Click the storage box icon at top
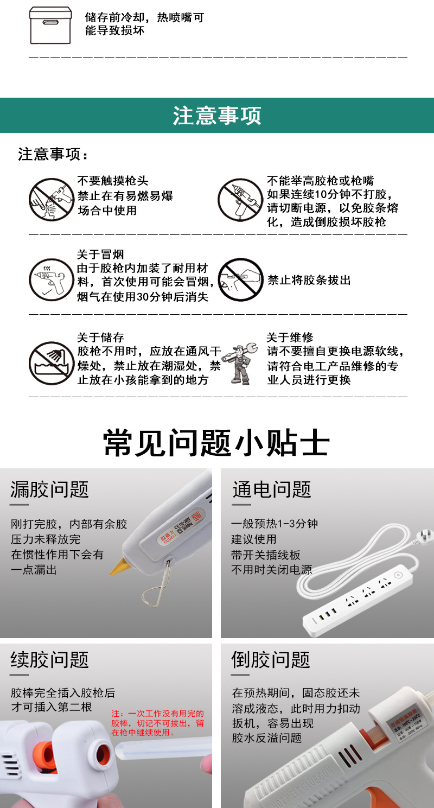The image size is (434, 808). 50,25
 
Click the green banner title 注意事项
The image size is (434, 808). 217,116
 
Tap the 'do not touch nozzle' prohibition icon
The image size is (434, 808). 51,200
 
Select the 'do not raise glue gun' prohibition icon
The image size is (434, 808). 240,200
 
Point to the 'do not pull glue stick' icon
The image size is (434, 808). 240,280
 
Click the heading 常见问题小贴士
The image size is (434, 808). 217,443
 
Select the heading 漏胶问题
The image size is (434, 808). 50,489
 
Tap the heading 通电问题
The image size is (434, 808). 272,489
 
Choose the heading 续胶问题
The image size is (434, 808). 50,660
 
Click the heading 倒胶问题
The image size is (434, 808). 271,660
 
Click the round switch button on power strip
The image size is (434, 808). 398,575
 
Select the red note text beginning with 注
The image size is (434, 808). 158,723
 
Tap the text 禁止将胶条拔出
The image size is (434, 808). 309,280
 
